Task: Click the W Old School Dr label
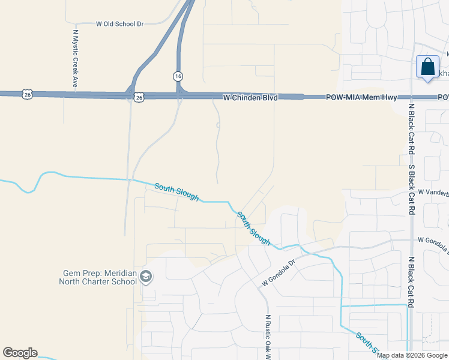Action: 120,24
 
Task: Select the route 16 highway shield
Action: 178,76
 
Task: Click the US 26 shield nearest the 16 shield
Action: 139,97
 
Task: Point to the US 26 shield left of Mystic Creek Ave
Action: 26,94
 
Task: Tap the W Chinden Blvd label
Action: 250,97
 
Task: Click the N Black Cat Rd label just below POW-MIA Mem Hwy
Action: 412,128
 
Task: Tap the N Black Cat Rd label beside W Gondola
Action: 412,282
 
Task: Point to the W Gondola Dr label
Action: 279,272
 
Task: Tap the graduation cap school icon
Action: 145,277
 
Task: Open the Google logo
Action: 20,353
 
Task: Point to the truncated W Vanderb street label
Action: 433,192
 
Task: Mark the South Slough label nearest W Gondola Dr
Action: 253,227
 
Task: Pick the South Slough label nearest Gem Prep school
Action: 176,192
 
